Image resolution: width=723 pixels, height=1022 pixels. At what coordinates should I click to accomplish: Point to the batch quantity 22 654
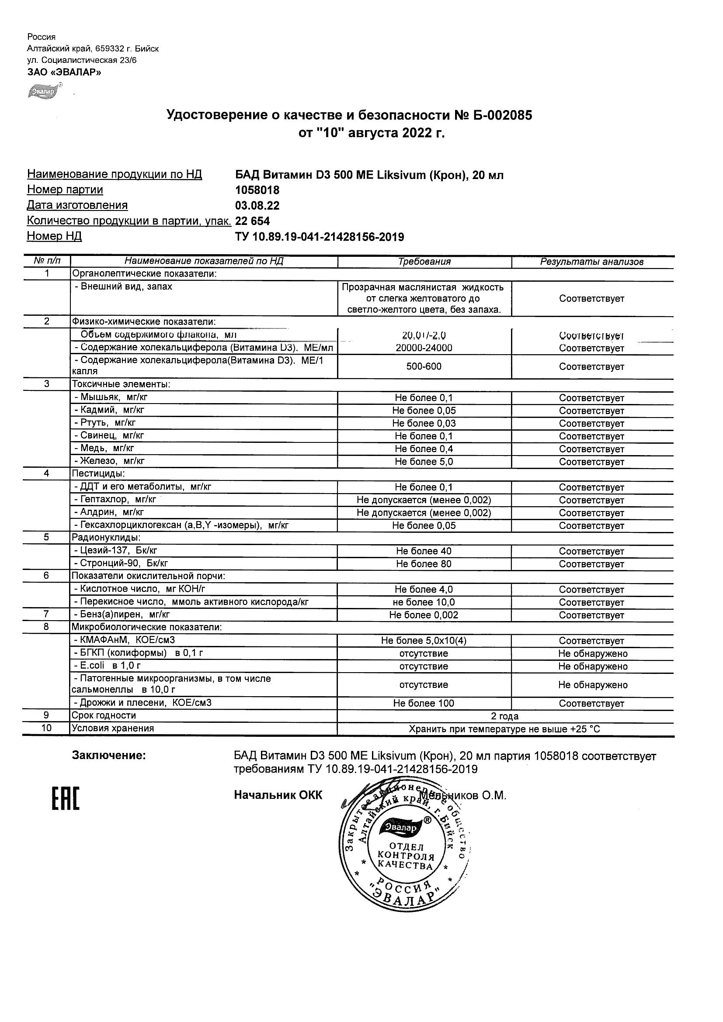(x=252, y=221)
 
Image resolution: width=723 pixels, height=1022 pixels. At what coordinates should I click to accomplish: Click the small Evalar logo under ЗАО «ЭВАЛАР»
(x=44, y=91)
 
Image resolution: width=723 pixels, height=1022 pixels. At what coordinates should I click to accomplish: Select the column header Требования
(x=424, y=262)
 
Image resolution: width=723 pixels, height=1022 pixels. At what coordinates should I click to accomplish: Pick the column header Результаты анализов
(x=591, y=262)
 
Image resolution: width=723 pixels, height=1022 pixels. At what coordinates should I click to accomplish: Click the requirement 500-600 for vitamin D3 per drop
(x=424, y=367)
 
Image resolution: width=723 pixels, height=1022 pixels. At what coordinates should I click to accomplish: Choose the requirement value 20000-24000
(x=424, y=348)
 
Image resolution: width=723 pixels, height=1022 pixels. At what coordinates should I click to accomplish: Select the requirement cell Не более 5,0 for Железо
(x=424, y=462)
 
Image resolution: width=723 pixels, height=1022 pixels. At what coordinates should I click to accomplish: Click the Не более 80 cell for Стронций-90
(x=424, y=564)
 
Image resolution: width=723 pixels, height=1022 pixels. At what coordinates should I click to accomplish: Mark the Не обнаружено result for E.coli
(x=592, y=666)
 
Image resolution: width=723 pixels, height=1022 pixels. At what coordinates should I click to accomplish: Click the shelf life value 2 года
(x=504, y=716)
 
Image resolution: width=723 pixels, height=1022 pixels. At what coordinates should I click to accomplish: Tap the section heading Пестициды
(x=98, y=473)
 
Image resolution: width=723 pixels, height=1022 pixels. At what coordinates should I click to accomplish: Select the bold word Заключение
(x=109, y=756)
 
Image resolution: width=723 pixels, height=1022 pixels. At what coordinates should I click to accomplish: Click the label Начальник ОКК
(x=278, y=795)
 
